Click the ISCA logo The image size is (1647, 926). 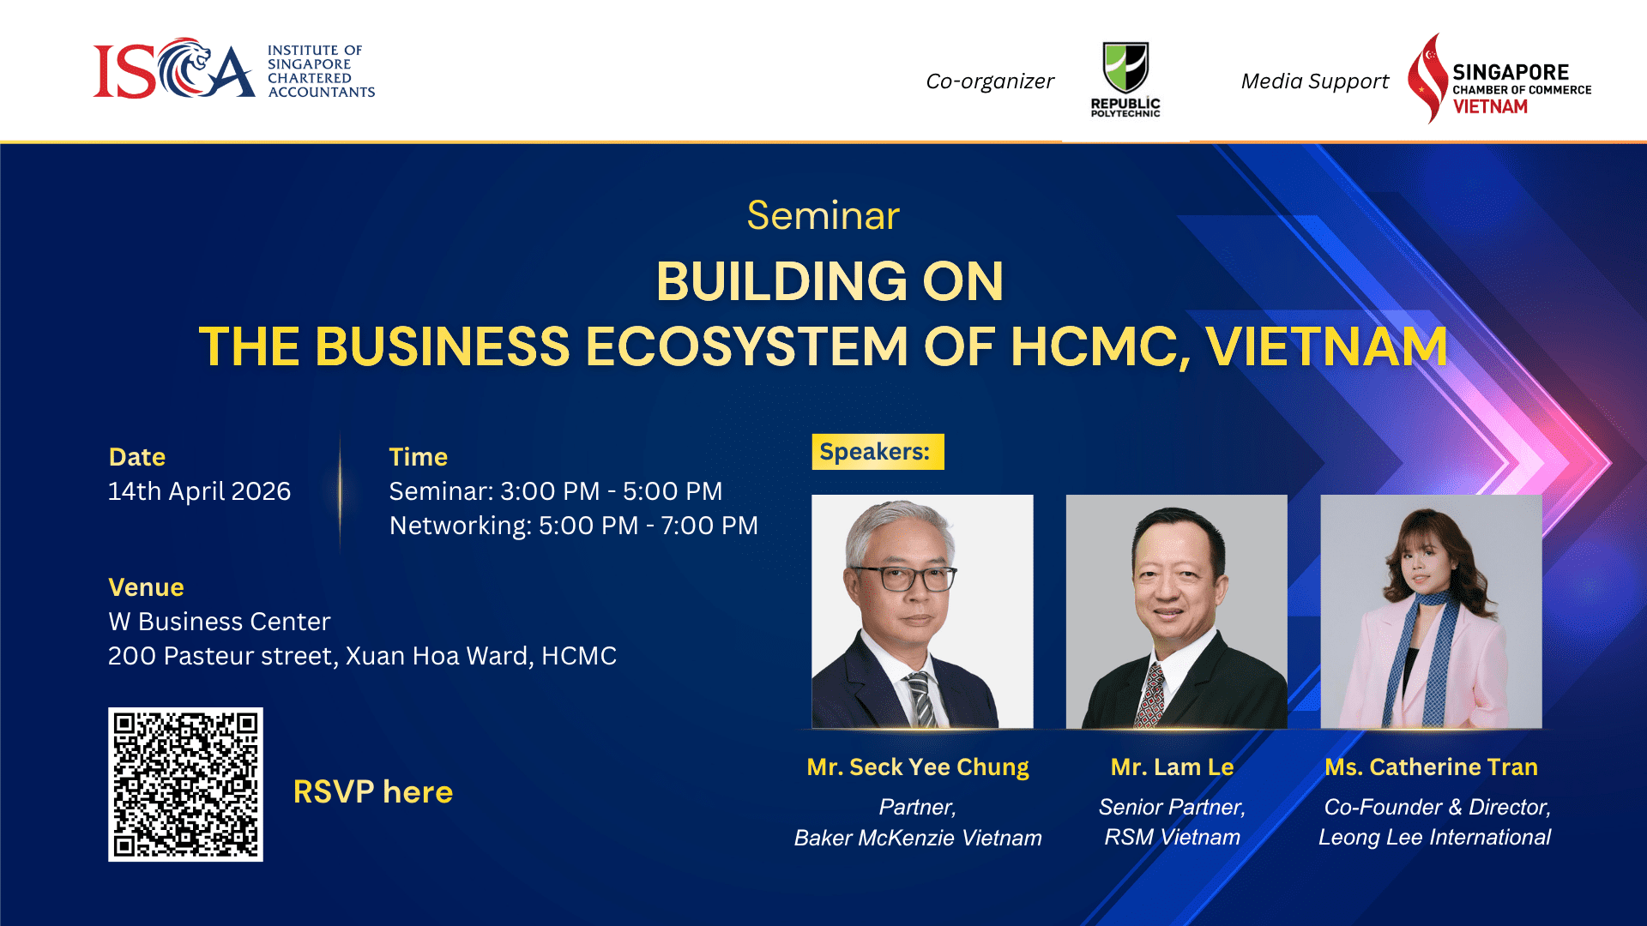233,69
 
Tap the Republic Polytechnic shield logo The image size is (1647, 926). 1125,67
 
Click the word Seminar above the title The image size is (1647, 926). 823,215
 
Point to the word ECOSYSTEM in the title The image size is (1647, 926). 746,346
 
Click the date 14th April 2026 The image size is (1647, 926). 199,491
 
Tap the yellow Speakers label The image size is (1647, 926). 878,452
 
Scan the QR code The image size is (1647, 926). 185,785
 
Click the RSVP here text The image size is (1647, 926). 373,791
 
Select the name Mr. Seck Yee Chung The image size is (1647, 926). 918,767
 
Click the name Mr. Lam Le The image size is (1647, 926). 1173,767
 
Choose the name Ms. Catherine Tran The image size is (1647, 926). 1431,767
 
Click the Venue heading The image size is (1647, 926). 146,587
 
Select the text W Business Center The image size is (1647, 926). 220,622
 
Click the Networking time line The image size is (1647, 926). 574,526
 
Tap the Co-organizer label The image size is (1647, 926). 990,81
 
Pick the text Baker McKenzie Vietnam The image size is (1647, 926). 918,838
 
